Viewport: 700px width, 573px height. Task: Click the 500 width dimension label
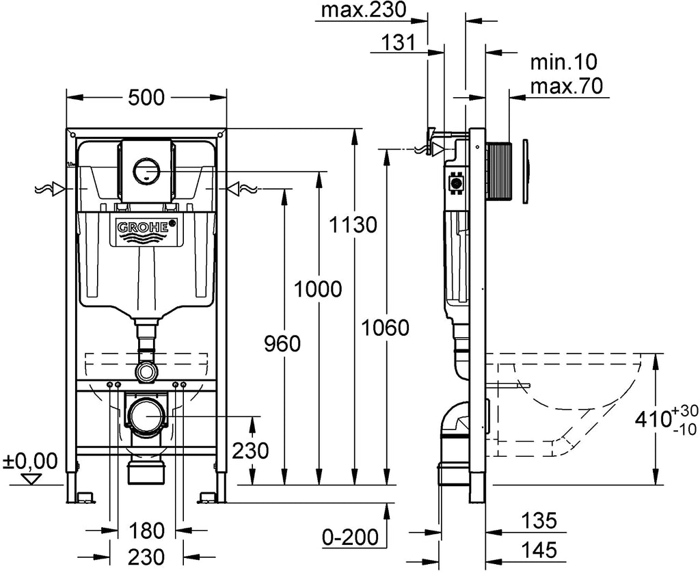pos(146,97)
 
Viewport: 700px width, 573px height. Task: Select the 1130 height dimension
pos(353,224)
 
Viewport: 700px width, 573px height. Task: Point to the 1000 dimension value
pos(318,289)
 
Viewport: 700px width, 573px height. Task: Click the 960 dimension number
pos(282,344)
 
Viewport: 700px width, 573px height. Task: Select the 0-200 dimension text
pos(351,536)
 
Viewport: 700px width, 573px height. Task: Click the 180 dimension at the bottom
pos(146,531)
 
